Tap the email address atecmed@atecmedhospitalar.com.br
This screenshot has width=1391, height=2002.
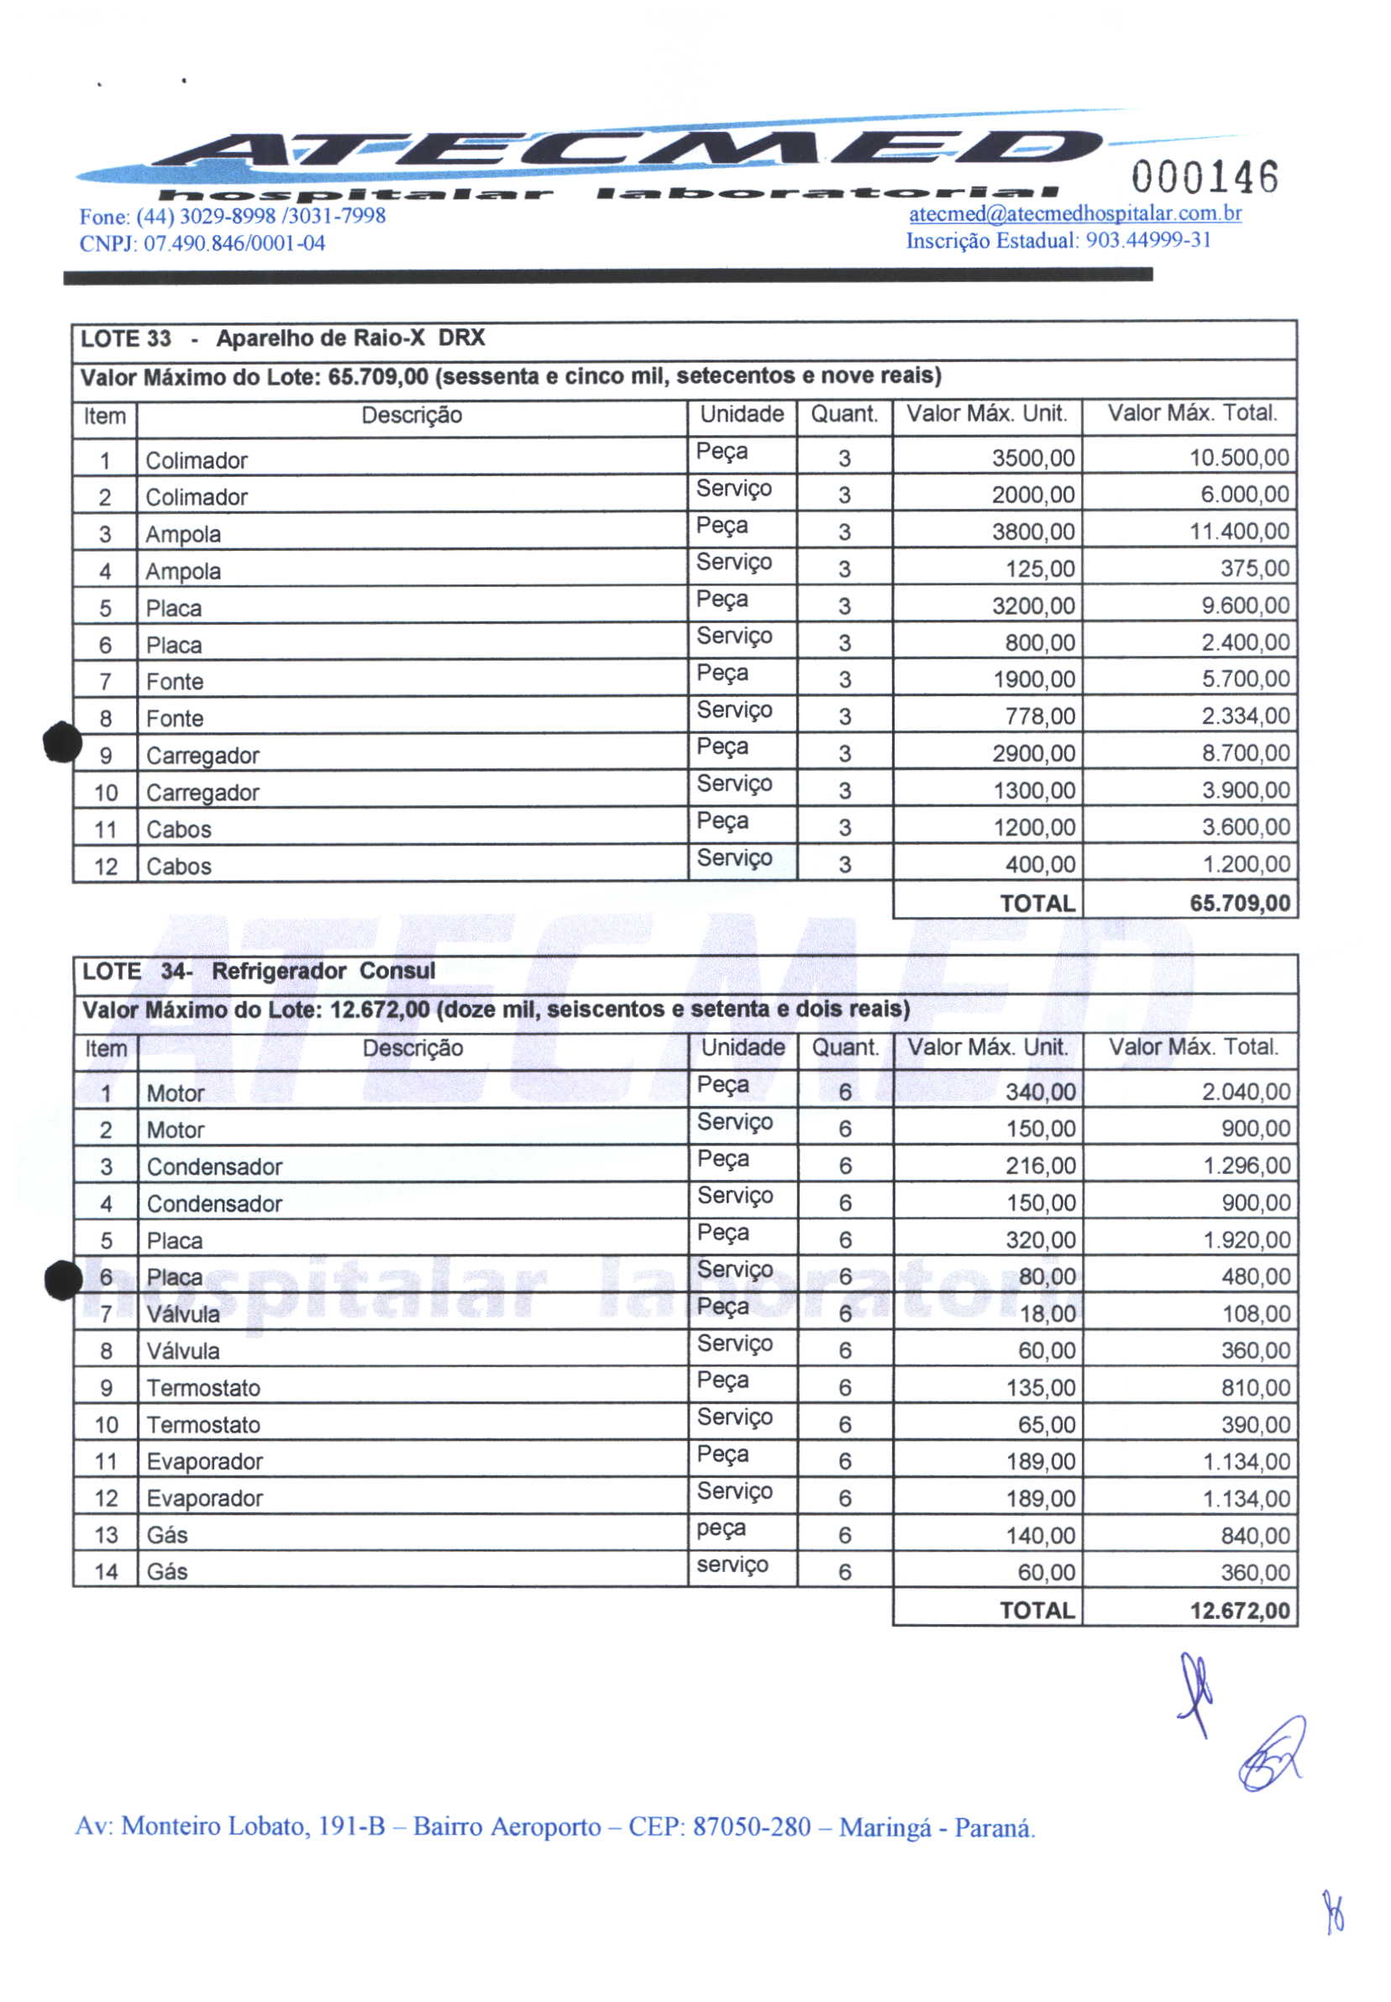[1074, 213]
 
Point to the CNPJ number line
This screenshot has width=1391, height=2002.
[202, 243]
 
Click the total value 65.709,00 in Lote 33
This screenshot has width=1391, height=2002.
[1239, 903]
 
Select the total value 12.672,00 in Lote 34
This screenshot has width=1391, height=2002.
[1239, 1610]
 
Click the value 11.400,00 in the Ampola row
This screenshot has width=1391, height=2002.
[1239, 532]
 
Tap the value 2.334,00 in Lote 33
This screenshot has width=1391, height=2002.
[1246, 716]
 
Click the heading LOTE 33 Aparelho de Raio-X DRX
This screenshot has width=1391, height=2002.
[282, 338]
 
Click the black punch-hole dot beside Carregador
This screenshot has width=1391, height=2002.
[63, 743]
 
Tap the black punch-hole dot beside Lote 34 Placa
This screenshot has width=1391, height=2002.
[64, 1280]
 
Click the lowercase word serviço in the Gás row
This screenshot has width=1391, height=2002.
[732, 1564]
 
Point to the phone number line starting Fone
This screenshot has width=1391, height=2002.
[232, 216]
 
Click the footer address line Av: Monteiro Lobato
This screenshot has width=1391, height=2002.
[555, 1826]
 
